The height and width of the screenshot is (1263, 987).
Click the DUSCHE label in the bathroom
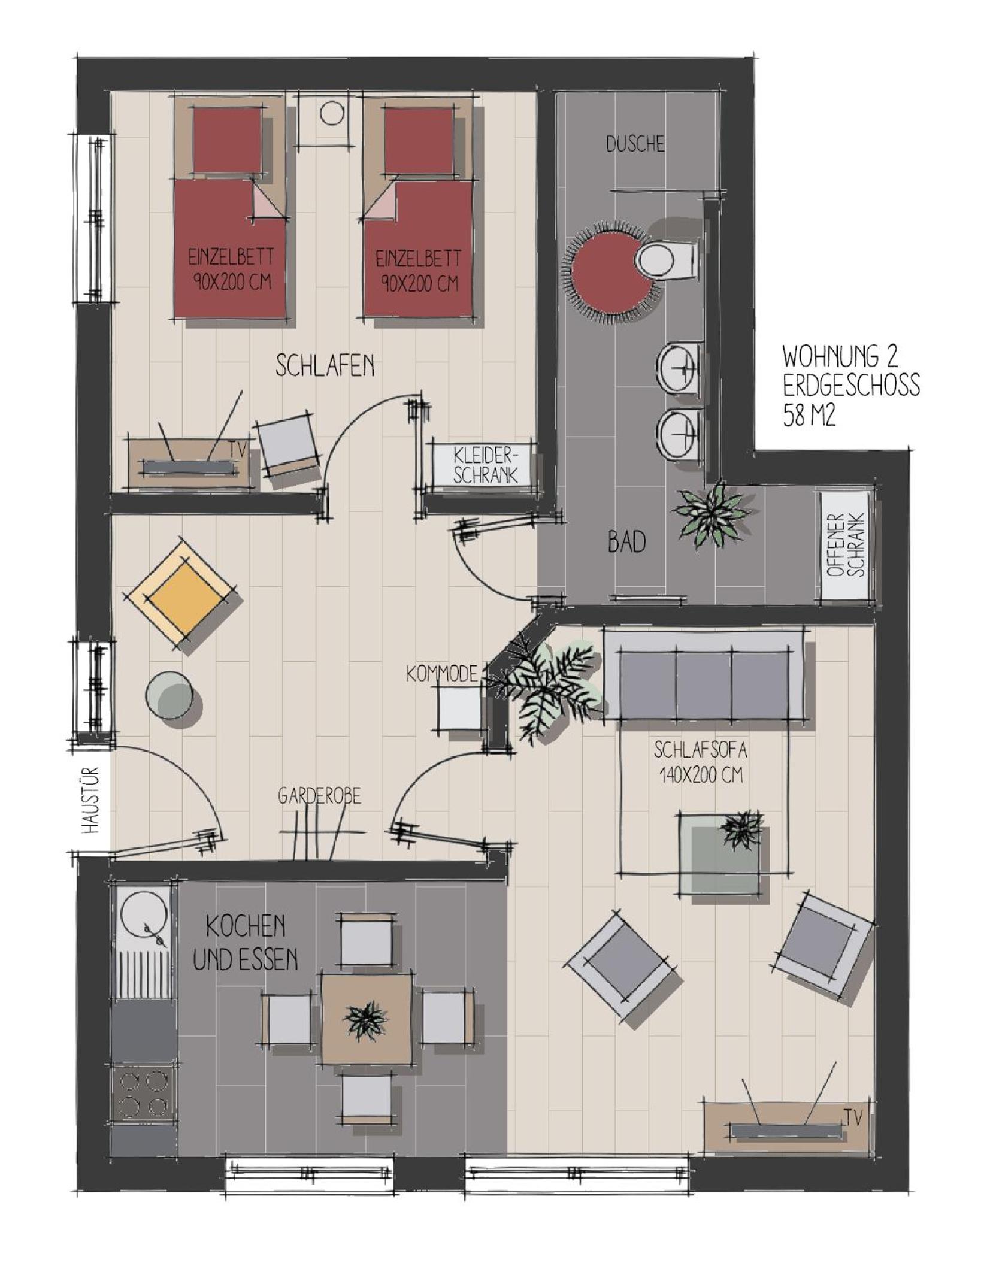[635, 144]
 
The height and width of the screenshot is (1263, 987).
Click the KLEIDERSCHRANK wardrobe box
[485, 464]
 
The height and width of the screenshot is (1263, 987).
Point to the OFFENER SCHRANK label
[846, 546]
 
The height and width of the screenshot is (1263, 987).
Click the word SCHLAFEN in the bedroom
[325, 365]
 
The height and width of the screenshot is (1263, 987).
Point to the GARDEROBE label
[319, 796]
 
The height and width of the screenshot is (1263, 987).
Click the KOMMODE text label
[441, 674]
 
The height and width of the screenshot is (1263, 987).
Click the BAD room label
[626, 543]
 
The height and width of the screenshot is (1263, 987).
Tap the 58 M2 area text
[809, 415]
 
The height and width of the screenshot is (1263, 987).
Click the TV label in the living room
[853, 1117]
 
